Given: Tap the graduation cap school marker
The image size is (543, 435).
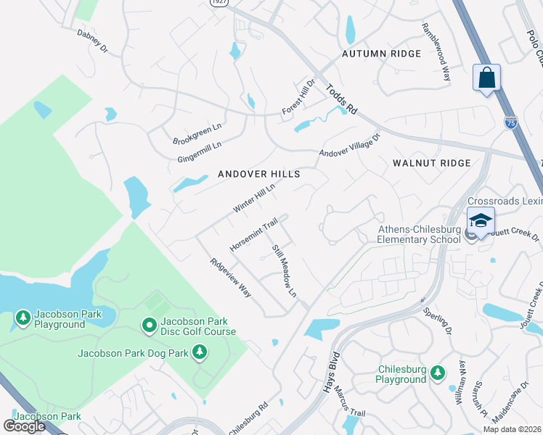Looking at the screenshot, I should click(481, 221).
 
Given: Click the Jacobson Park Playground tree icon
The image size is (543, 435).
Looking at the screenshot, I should click(23, 318).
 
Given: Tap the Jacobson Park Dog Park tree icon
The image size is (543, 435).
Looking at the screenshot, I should click(200, 353).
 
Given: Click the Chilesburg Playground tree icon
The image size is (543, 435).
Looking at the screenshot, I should click(437, 373).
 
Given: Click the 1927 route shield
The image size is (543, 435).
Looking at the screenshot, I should click(219, 3).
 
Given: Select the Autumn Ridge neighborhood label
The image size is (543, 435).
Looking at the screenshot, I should click(382, 54).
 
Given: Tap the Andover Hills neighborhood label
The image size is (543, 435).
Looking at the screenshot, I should click(259, 175).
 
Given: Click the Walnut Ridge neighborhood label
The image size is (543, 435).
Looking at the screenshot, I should click(431, 163).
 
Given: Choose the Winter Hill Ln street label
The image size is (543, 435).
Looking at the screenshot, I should click(254, 198).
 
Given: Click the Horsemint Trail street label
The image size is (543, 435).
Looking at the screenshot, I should click(253, 233).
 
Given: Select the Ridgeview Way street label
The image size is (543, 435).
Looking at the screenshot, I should click(230, 278).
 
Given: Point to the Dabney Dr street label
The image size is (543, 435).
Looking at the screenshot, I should click(92, 41).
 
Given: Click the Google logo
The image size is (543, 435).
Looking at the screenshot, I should click(25, 426).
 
